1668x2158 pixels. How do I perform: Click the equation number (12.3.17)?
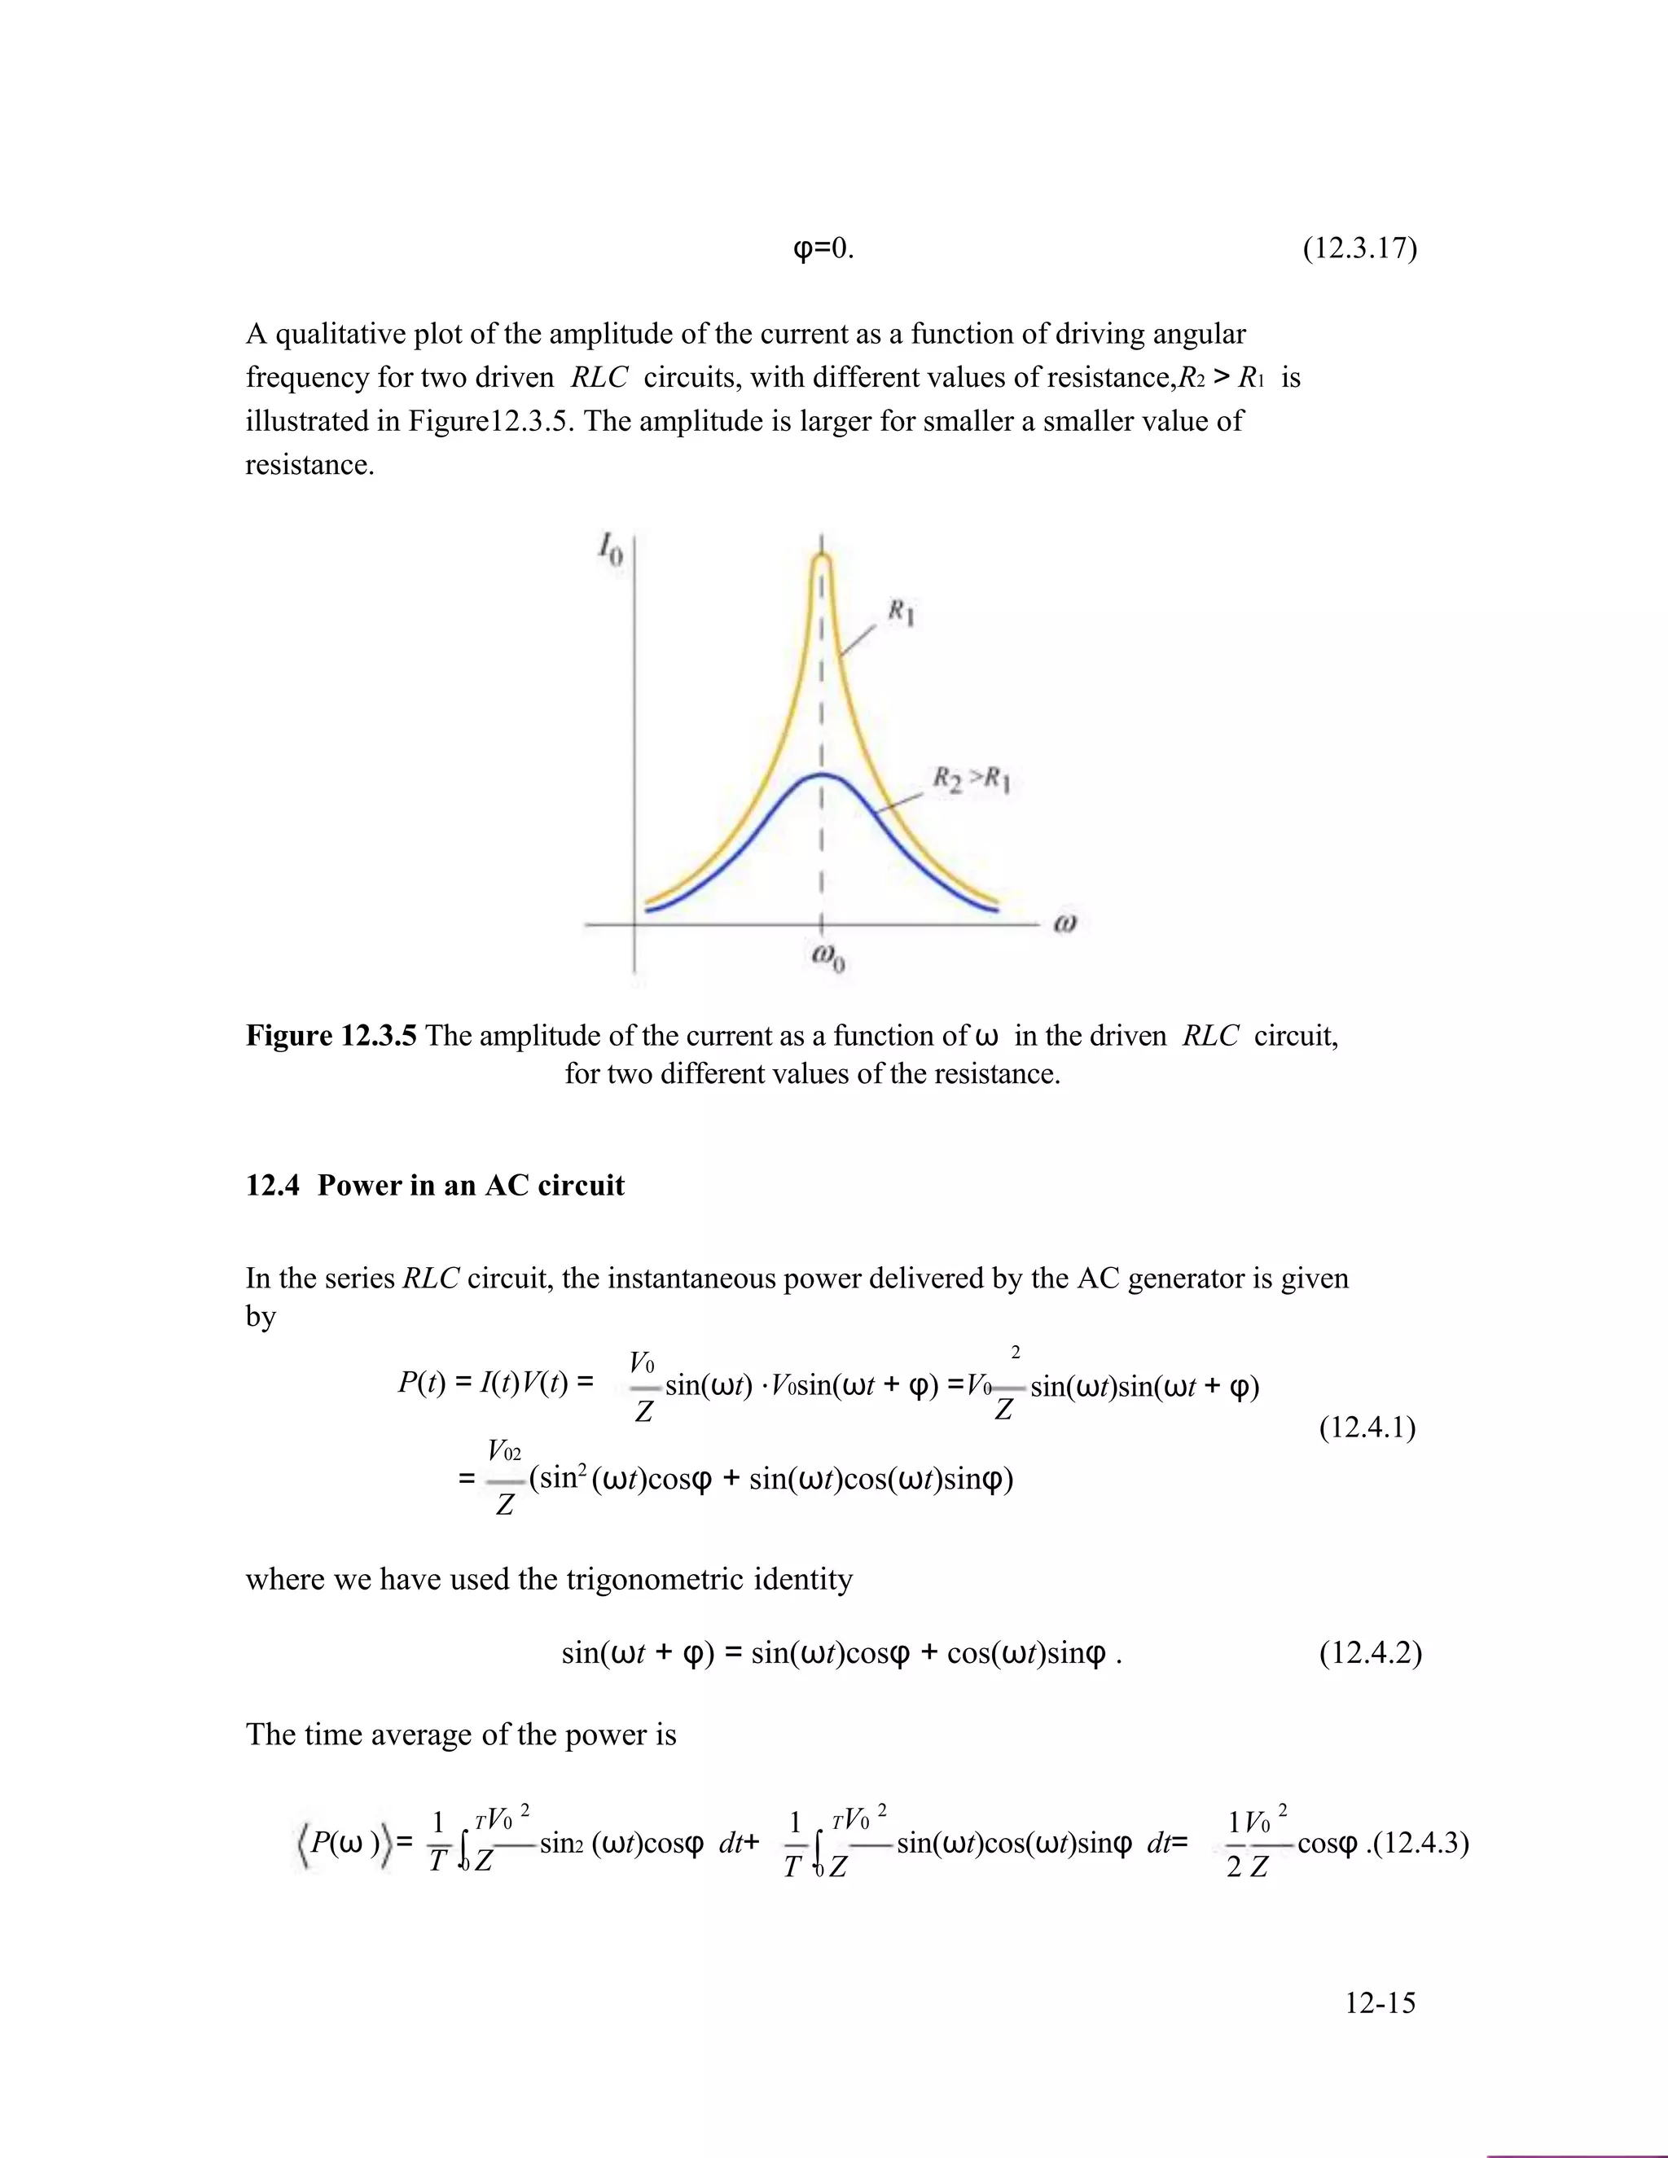[1359, 248]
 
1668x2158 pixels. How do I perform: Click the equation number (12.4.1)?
[1367, 1427]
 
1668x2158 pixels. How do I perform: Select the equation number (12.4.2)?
[1370, 1652]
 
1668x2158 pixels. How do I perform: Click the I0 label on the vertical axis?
[610, 550]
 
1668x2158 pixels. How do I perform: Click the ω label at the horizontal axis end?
[1064, 924]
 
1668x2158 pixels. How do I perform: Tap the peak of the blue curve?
[822, 775]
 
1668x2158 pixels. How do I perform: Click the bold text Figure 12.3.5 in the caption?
[330, 1036]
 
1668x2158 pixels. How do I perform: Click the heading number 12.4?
[272, 1185]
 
